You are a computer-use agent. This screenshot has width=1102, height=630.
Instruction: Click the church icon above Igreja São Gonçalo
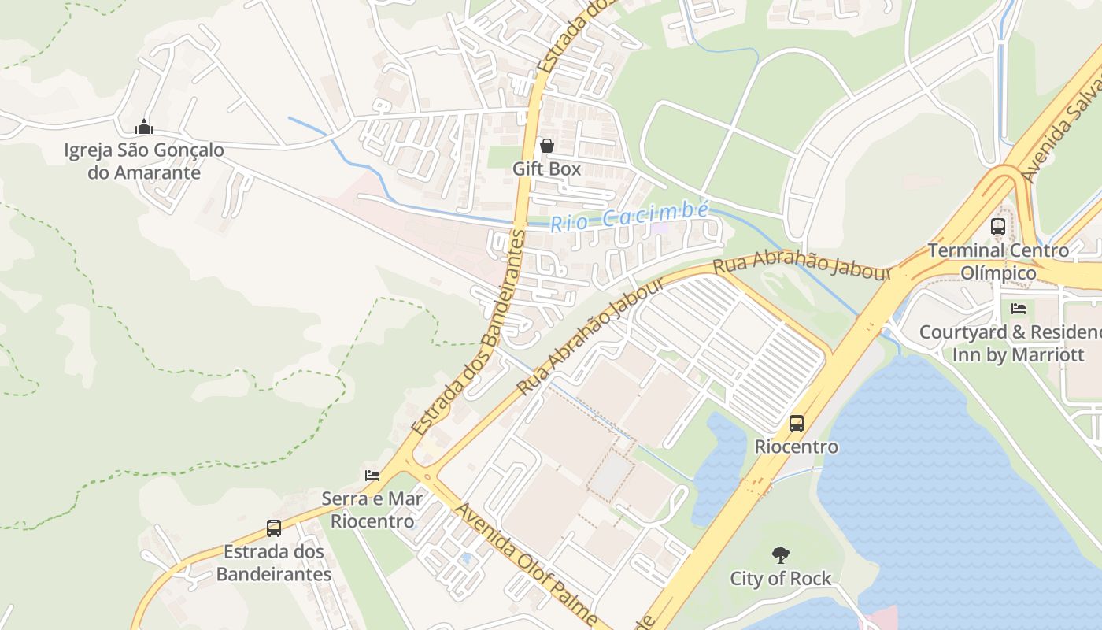pos(144,127)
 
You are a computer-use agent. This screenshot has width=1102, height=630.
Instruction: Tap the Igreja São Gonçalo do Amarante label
pos(144,161)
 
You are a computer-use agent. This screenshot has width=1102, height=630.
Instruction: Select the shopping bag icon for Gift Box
pos(546,146)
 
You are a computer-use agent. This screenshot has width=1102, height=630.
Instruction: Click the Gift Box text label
pos(546,169)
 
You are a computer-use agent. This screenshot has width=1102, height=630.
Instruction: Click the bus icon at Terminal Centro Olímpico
pos(998,227)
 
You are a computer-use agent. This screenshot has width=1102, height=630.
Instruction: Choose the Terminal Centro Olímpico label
pos(998,261)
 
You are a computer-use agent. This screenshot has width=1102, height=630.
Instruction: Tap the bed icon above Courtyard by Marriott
pos(1019,308)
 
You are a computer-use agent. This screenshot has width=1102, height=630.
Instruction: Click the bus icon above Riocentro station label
pos(797,424)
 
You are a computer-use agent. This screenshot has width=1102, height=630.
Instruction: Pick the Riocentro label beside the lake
pos(797,447)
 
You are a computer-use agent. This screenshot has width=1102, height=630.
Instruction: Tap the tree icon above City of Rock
pos(780,555)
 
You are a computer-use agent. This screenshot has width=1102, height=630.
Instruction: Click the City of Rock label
pos(780,579)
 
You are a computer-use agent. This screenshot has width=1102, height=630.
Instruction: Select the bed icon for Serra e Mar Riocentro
pos(372,475)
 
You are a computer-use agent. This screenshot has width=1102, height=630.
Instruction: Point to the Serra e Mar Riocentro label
pos(372,510)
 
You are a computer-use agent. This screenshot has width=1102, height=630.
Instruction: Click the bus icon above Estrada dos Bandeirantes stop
pos(274,528)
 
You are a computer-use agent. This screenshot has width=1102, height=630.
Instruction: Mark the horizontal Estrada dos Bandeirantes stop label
pos(274,562)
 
